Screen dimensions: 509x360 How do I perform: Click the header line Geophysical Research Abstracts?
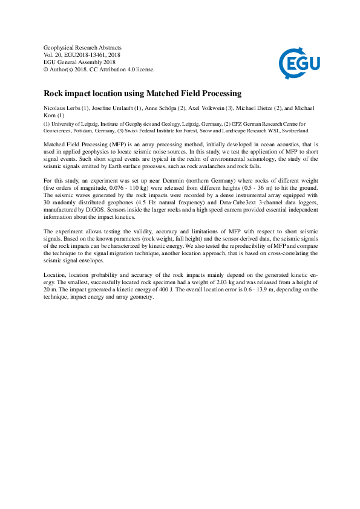(83, 47)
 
